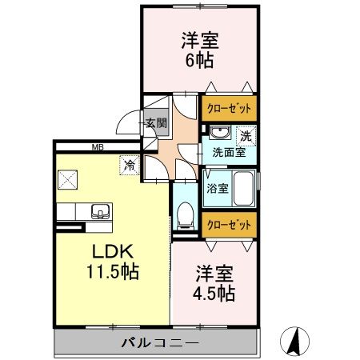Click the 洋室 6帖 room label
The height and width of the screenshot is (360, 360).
[x=200, y=49]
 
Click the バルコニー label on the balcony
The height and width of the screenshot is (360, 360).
[x=159, y=343]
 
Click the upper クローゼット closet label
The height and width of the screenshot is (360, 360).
[x=229, y=109]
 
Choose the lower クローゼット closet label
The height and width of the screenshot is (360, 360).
[x=229, y=225]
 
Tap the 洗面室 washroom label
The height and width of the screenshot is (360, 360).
[x=228, y=152]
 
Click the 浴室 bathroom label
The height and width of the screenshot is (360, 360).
[x=218, y=190]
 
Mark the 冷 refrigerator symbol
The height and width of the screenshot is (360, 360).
[x=129, y=166]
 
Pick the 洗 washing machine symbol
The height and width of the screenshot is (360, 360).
[x=246, y=134]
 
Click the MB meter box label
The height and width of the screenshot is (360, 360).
[x=98, y=146]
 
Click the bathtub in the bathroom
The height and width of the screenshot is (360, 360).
[x=242, y=190]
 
